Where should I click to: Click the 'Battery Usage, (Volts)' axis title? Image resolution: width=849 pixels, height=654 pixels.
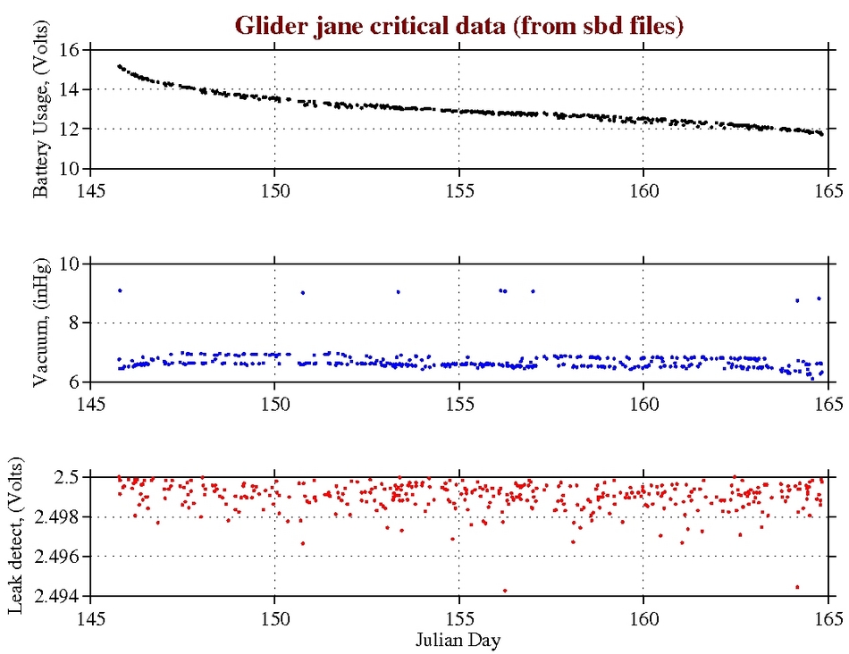coord(40,109)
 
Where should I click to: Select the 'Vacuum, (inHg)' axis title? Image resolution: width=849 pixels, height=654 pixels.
coord(40,323)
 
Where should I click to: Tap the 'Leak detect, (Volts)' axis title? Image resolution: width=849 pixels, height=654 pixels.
coord(17,537)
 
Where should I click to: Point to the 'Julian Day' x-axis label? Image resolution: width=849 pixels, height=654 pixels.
coord(458,640)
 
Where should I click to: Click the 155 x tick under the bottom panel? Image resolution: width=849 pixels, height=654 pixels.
coord(458,618)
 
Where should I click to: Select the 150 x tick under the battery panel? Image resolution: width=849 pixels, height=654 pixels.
coord(274,189)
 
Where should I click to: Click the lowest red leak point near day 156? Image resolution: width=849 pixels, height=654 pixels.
coord(505,591)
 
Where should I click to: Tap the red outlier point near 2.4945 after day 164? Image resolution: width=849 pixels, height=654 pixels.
coord(797,587)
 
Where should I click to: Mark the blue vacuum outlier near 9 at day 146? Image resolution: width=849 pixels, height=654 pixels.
coord(120,290)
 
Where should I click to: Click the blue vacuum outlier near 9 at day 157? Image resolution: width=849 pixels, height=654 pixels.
coord(533,290)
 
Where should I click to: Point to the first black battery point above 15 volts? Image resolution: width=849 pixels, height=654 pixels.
coord(119,66)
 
